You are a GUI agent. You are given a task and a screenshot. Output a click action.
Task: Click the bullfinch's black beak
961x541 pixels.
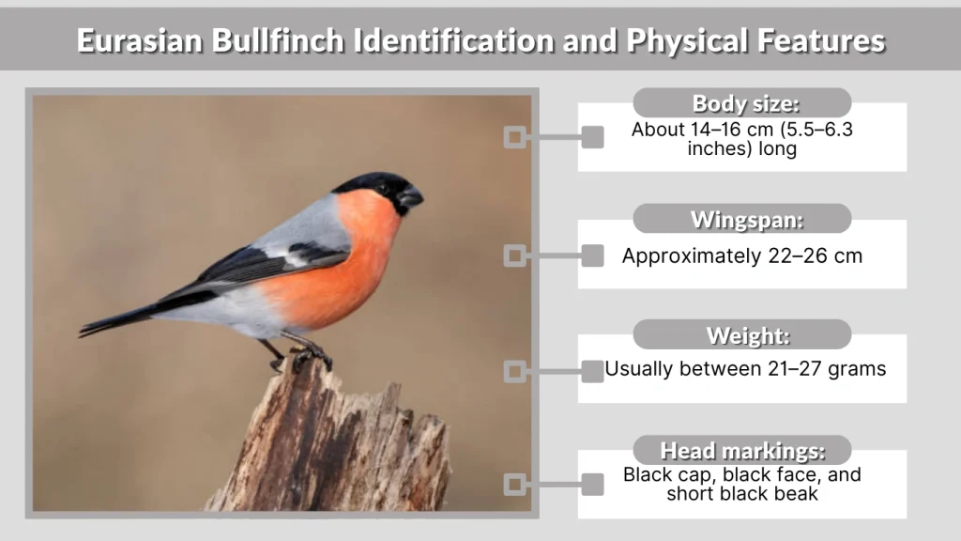[x=410, y=197]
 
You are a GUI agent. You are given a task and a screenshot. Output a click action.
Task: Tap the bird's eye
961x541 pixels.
[x=384, y=188]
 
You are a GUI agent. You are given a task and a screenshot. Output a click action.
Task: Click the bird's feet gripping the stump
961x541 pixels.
[x=306, y=357]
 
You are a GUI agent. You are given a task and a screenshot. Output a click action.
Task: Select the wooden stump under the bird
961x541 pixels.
[x=338, y=441]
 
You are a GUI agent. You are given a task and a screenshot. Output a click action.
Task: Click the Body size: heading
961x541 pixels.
[x=741, y=103]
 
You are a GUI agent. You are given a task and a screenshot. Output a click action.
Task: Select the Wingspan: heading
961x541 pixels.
[x=741, y=220]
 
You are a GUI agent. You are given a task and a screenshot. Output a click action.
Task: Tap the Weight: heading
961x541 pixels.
[x=741, y=335]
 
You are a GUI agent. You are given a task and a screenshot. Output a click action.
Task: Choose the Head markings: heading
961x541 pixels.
[x=741, y=451]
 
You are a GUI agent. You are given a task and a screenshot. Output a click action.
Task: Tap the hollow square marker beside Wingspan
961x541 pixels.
[x=513, y=255]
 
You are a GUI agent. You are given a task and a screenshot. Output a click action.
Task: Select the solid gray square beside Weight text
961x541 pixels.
[x=592, y=371]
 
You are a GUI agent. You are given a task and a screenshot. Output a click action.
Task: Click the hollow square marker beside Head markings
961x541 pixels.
[x=513, y=485]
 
